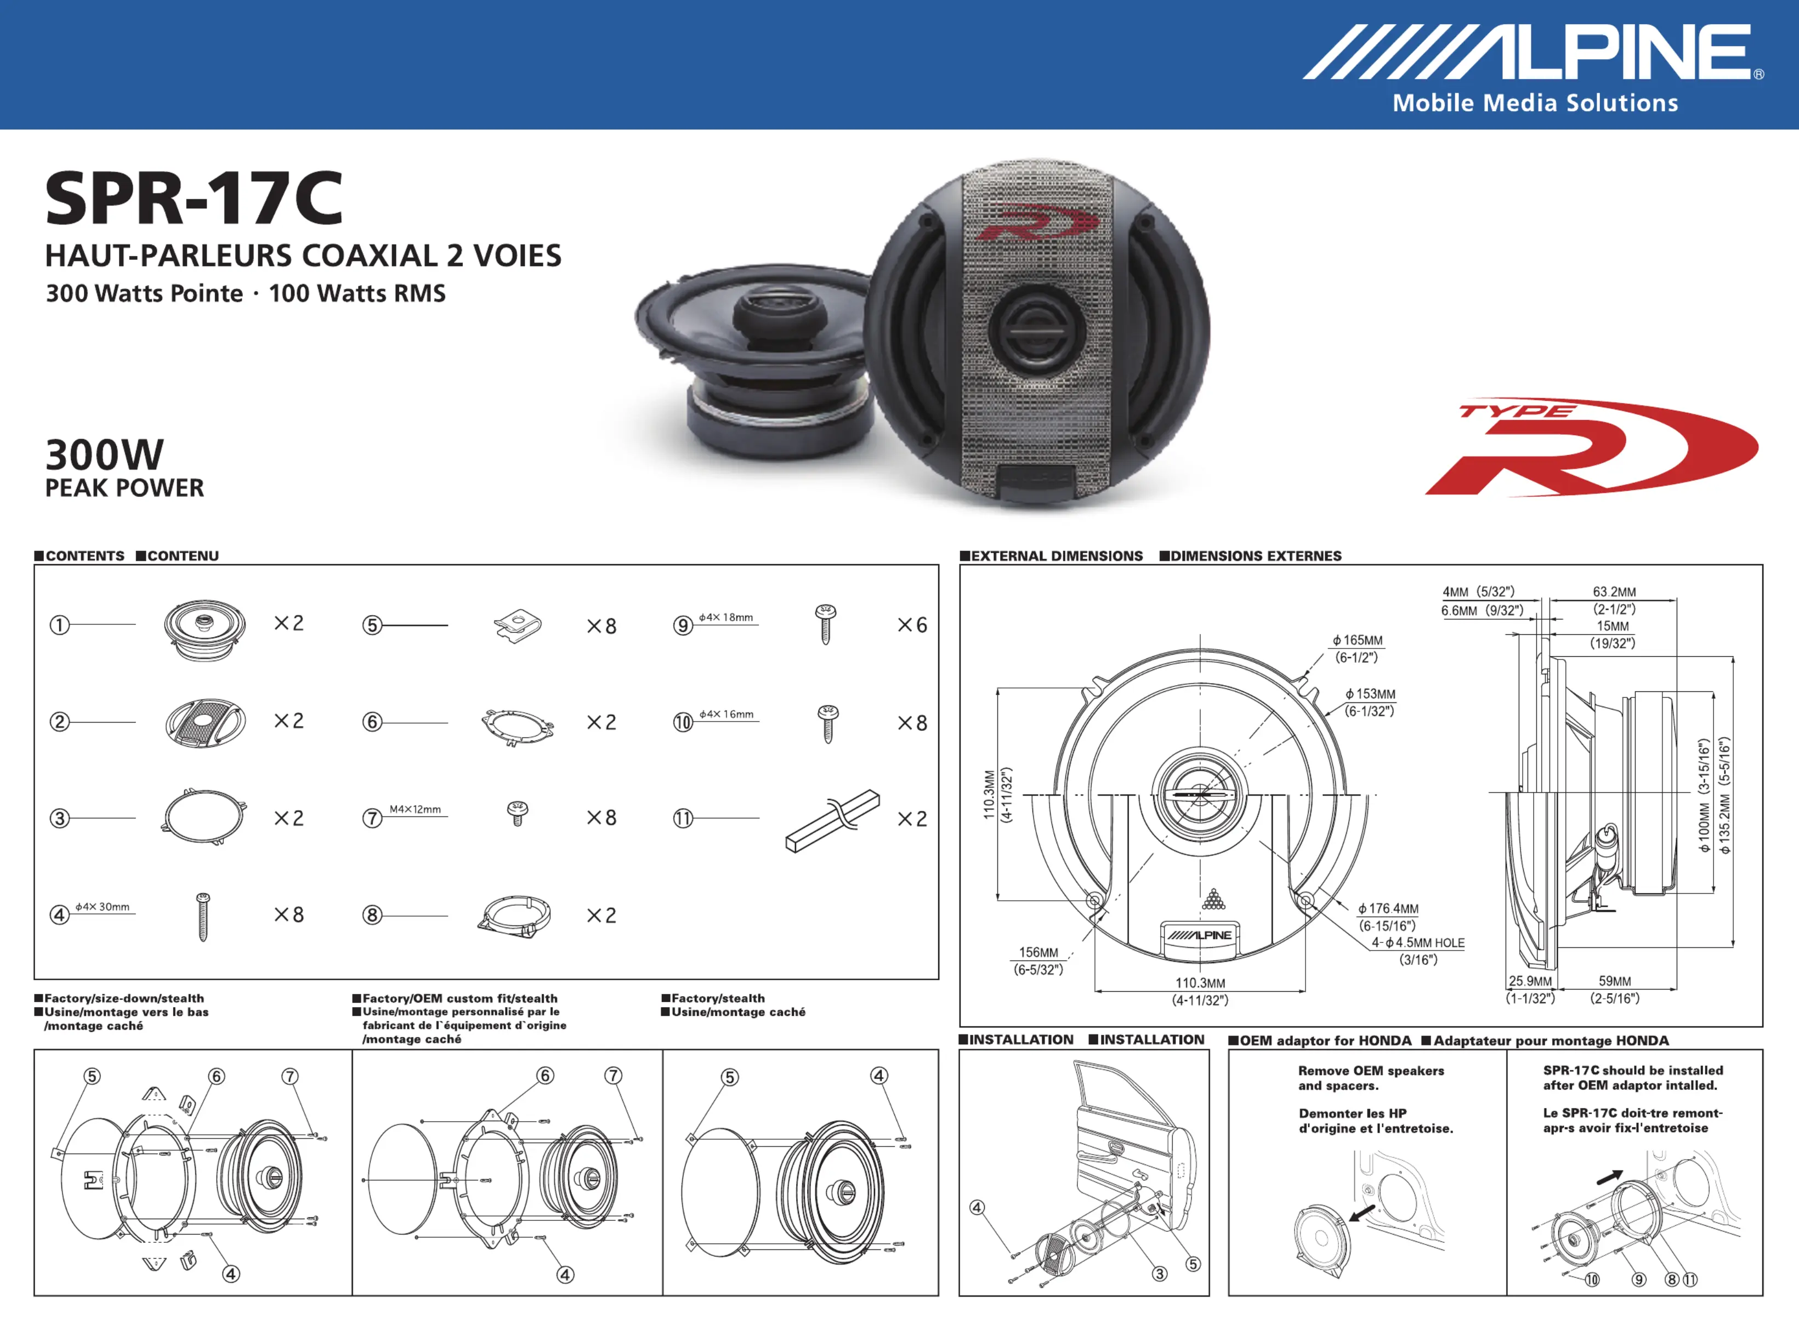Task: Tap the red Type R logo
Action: point(1591,447)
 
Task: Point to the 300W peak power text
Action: point(105,455)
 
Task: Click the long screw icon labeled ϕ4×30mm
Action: point(203,916)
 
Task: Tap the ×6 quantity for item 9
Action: point(912,626)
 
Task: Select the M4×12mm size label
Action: point(415,809)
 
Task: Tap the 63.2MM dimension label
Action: point(1614,592)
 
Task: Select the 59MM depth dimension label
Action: point(1615,981)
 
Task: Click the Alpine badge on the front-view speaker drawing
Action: point(1200,935)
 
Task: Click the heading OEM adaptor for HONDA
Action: point(1325,1040)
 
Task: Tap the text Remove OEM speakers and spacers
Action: point(1371,1078)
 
